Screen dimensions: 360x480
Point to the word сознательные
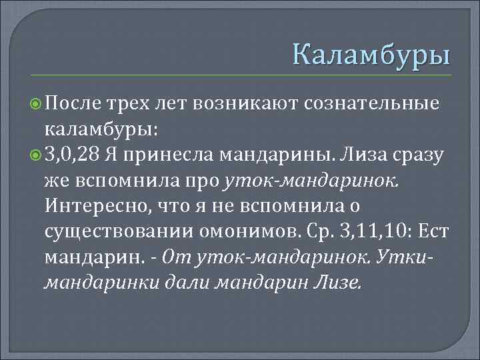[x=373, y=103]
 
